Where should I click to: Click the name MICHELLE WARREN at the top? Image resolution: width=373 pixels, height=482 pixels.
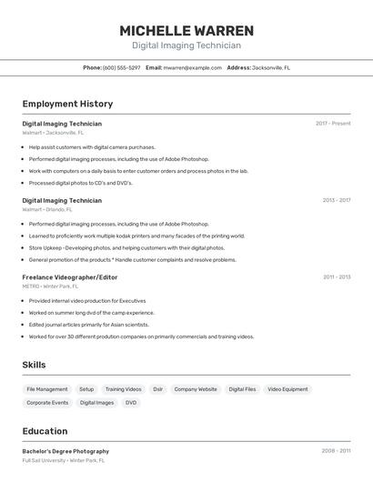[186, 31]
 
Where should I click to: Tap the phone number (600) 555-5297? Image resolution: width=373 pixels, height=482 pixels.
[122, 67]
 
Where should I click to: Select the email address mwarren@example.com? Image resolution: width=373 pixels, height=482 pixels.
[193, 67]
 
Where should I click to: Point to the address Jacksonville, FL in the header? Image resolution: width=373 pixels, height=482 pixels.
[271, 67]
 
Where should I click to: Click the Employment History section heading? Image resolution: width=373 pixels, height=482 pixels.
[67, 105]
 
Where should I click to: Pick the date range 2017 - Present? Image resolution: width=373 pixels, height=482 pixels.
[333, 124]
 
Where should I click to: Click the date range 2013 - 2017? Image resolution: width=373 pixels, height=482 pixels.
[336, 200]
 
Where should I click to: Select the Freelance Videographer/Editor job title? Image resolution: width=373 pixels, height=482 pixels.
[70, 276]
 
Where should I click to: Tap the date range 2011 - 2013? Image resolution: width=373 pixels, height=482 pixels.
[336, 276]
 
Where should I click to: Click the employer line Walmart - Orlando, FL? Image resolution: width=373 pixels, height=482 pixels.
[47, 209]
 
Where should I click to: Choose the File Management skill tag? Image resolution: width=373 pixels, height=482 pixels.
[47, 389]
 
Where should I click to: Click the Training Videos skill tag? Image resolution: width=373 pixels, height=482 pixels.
[123, 389]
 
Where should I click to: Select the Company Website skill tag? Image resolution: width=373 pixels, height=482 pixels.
[195, 389]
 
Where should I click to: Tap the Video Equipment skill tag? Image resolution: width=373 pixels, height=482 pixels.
[287, 389]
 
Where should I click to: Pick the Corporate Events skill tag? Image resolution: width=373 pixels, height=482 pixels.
[47, 402]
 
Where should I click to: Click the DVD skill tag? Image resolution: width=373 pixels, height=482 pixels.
[131, 402]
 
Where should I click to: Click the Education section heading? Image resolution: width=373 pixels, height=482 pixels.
[45, 431]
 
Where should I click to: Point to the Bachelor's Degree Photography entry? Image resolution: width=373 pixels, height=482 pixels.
[66, 451]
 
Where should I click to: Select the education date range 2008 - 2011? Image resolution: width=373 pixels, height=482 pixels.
[336, 451]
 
